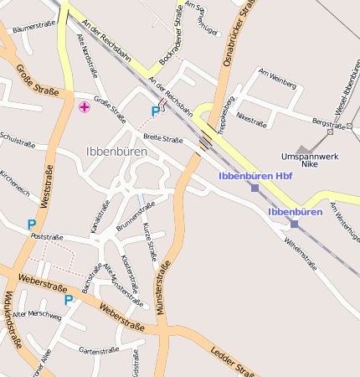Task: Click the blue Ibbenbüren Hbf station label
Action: click(255, 176)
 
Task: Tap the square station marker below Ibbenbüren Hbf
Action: click(255, 188)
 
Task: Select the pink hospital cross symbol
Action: click(84, 107)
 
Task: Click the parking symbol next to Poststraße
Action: click(32, 224)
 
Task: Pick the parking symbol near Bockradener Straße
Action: click(155, 111)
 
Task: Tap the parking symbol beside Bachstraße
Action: click(69, 299)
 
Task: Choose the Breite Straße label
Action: click(162, 139)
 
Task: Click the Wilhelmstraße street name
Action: click(301, 251)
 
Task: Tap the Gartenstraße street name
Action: click(99, 351)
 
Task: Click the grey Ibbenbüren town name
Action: click(116, 152)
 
